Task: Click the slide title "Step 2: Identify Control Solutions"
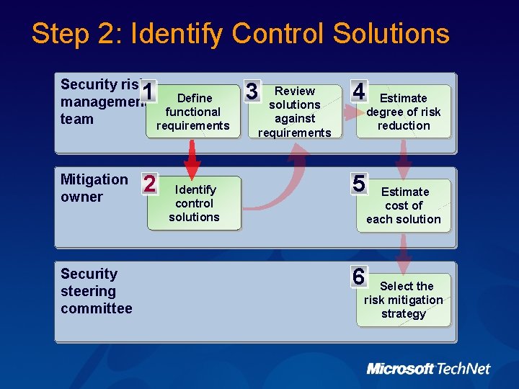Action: (x=240, y=34)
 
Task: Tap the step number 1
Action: (x=148, y=92)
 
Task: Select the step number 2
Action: (x=149, y=184)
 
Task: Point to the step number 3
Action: (x=251, y=91)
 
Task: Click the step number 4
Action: (x=358, y=91)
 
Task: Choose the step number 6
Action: (x=358, y=276)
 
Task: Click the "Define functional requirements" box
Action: (x=193, y=112)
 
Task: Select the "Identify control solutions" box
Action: (x=194, y=203)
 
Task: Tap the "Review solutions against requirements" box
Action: (x=295, y=112)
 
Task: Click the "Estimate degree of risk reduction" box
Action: (x=404, y=112)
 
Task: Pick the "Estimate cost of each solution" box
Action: (x=404, y=205)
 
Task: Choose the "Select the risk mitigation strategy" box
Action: (x=404, y=300)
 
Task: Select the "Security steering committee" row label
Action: (x=97, y=291)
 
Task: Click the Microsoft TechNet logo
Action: (x=428, y=369)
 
